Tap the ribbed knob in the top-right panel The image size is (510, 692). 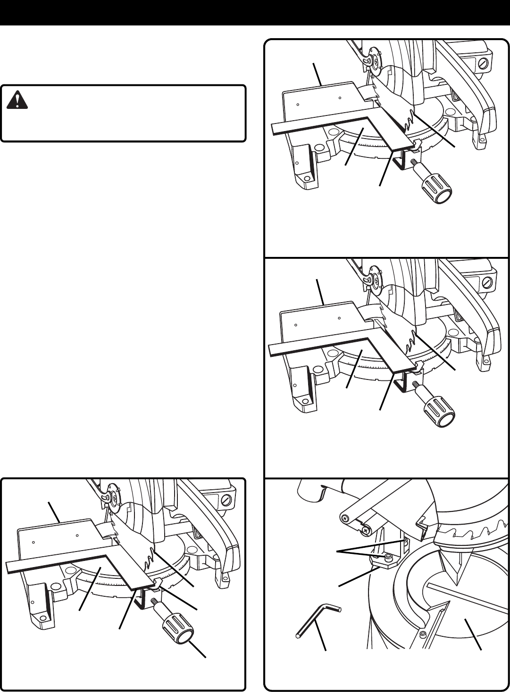pyautogui.click(x=437, y=189)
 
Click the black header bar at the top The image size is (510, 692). pyautogui.click(x=255, y=13)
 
